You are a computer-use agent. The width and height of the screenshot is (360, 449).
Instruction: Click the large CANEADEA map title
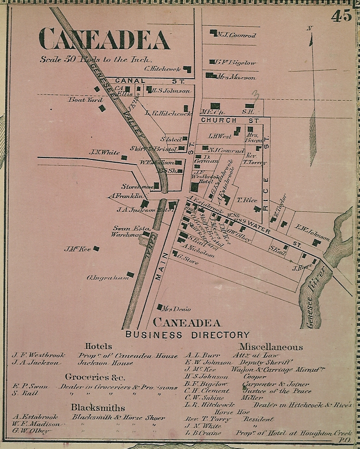[104, 39]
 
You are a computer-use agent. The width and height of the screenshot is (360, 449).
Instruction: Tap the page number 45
[341, 16]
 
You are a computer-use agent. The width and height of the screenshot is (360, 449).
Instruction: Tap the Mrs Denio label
[173, 309]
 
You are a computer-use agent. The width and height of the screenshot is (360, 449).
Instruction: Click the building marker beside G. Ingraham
[130, 274]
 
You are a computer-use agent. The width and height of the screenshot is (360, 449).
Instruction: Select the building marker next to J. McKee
[96, 249]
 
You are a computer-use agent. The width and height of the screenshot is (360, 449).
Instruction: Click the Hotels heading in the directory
[98, 346]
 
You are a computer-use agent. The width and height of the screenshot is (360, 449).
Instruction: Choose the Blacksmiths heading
[98, 407]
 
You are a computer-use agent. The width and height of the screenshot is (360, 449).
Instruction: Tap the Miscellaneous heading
[271, 347]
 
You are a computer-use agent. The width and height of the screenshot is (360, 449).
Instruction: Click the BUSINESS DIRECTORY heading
[187, 335]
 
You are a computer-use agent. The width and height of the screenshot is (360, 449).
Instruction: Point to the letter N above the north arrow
[309, 28]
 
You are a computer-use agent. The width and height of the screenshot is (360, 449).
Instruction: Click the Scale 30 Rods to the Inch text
[95, 60]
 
